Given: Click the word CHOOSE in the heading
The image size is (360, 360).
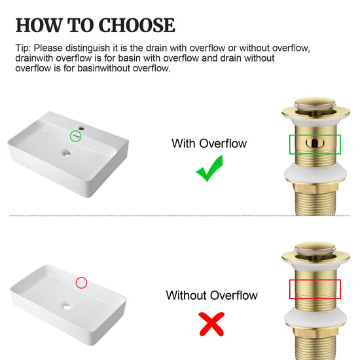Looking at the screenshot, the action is tap(137, 25).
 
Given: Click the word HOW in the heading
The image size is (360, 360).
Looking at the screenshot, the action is tap(39, 25).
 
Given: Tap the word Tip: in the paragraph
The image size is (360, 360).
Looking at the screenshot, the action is tap(23, 48).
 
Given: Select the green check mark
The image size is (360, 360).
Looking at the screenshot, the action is tap(209, 168).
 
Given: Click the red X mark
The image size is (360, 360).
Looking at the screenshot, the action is tap(211, 324).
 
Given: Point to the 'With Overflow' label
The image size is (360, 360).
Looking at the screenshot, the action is tap(209, 143).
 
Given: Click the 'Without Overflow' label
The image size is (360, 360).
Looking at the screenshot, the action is tap(211, 295).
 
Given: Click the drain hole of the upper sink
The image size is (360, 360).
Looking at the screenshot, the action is tap(67, 153).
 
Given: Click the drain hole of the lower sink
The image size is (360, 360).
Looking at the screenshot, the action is tap(67, 306).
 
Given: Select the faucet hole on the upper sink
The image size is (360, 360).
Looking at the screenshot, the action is tap(82, 128).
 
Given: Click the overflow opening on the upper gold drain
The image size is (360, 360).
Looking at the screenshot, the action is tap(315, 143).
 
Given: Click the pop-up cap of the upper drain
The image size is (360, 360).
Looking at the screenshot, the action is tap(315, 103).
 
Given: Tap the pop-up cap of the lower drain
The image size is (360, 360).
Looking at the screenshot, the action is tap(315, 247).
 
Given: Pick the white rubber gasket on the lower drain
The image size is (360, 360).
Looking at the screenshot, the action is tap(315, 318).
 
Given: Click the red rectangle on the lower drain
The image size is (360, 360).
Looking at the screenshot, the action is tap(315, 280).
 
